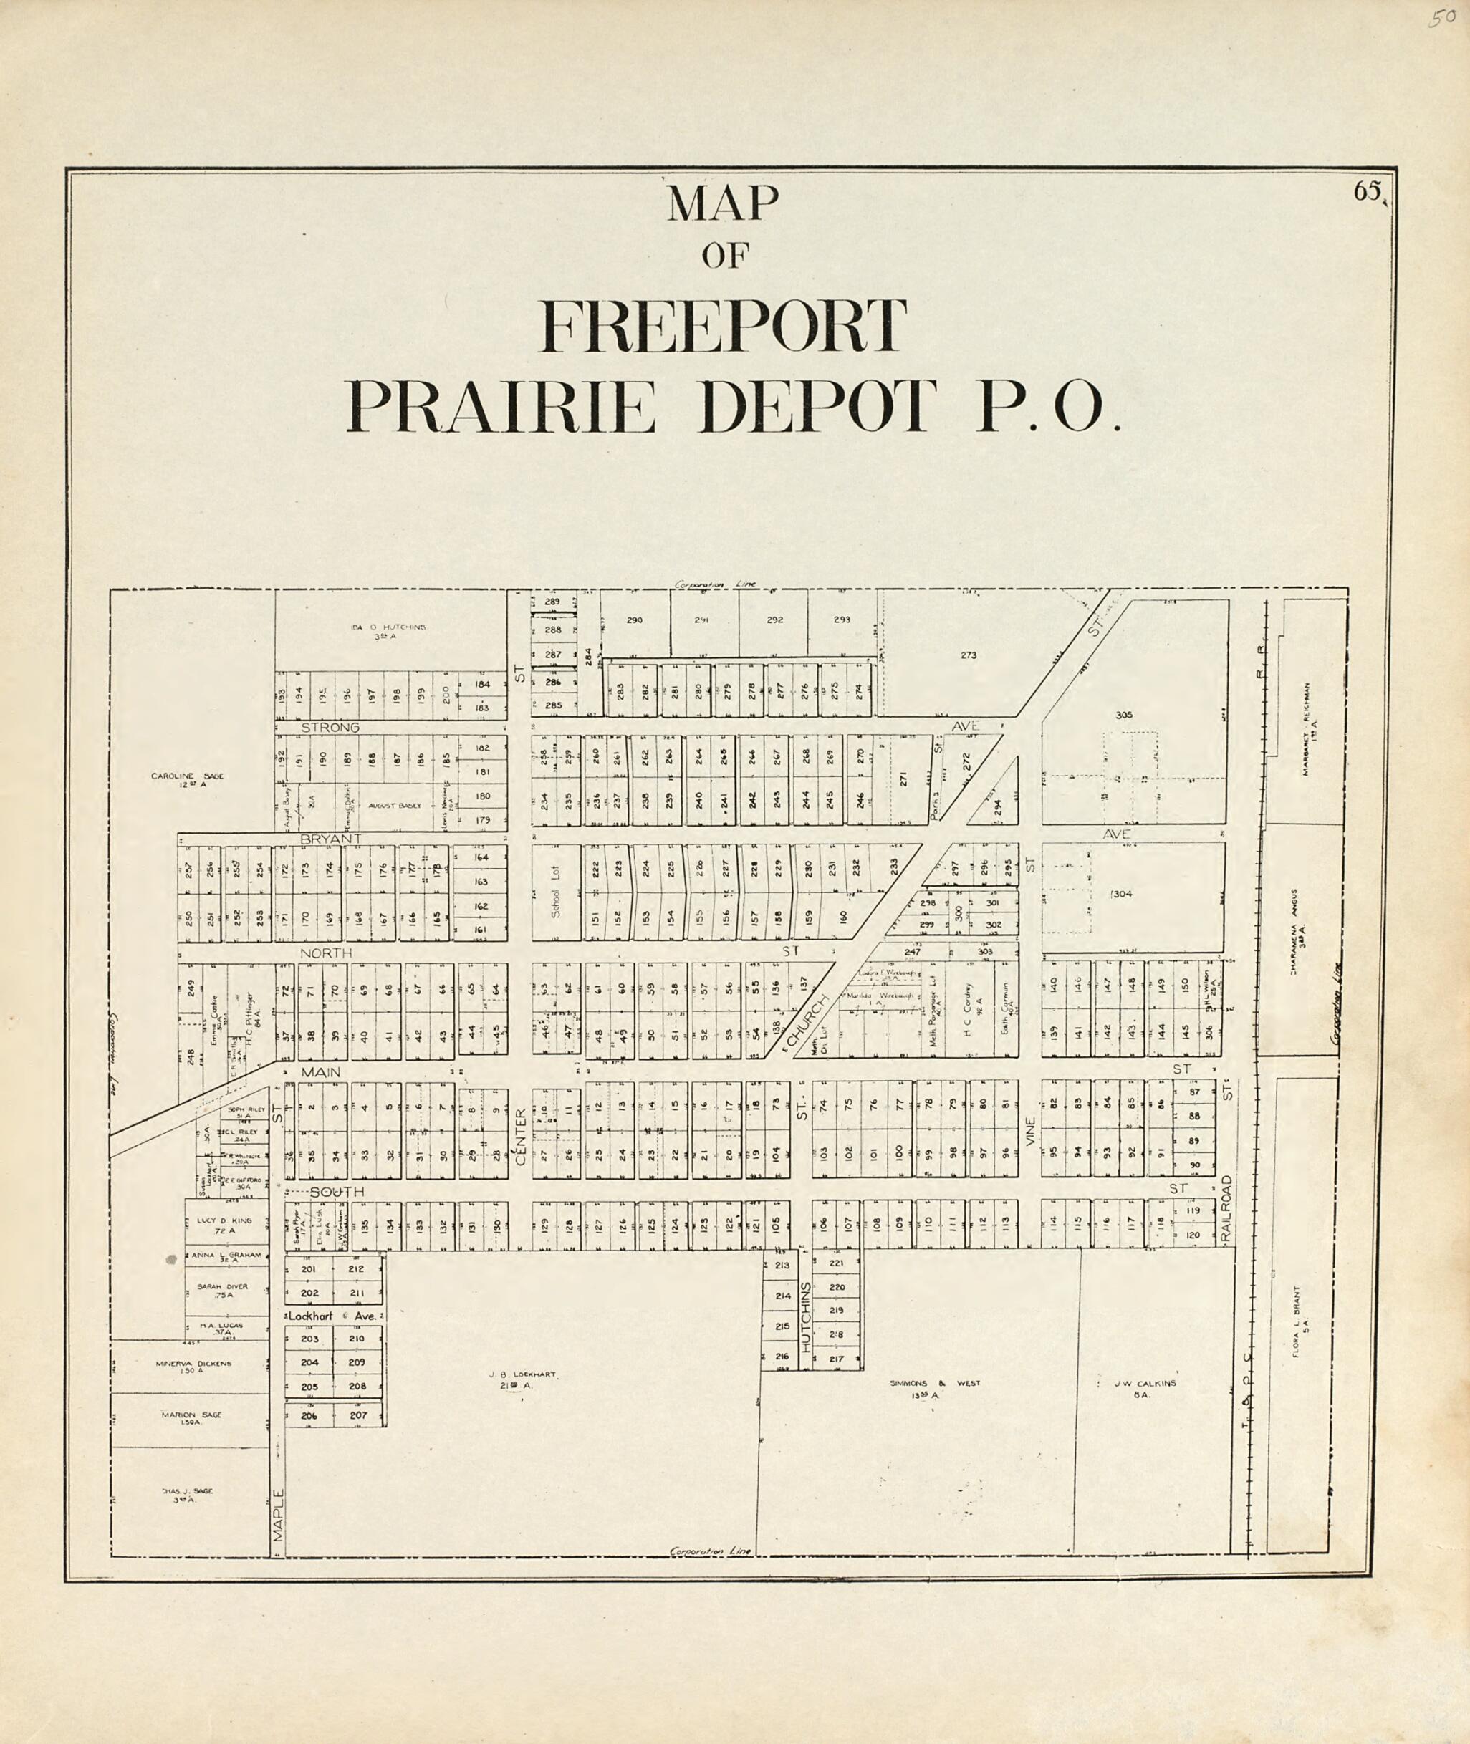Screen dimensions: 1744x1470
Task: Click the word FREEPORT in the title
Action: [724, 327]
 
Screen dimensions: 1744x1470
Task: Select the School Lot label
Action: [556, 892]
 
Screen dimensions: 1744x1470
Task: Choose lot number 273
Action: [968, 655]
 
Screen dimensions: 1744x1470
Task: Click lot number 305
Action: [1123, 714]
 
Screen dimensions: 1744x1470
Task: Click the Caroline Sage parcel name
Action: [188, 779]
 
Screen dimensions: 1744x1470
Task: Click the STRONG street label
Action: [330, 728]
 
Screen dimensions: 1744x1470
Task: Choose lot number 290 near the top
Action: [634, 620]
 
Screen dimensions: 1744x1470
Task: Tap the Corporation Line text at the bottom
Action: [711, 1551]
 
